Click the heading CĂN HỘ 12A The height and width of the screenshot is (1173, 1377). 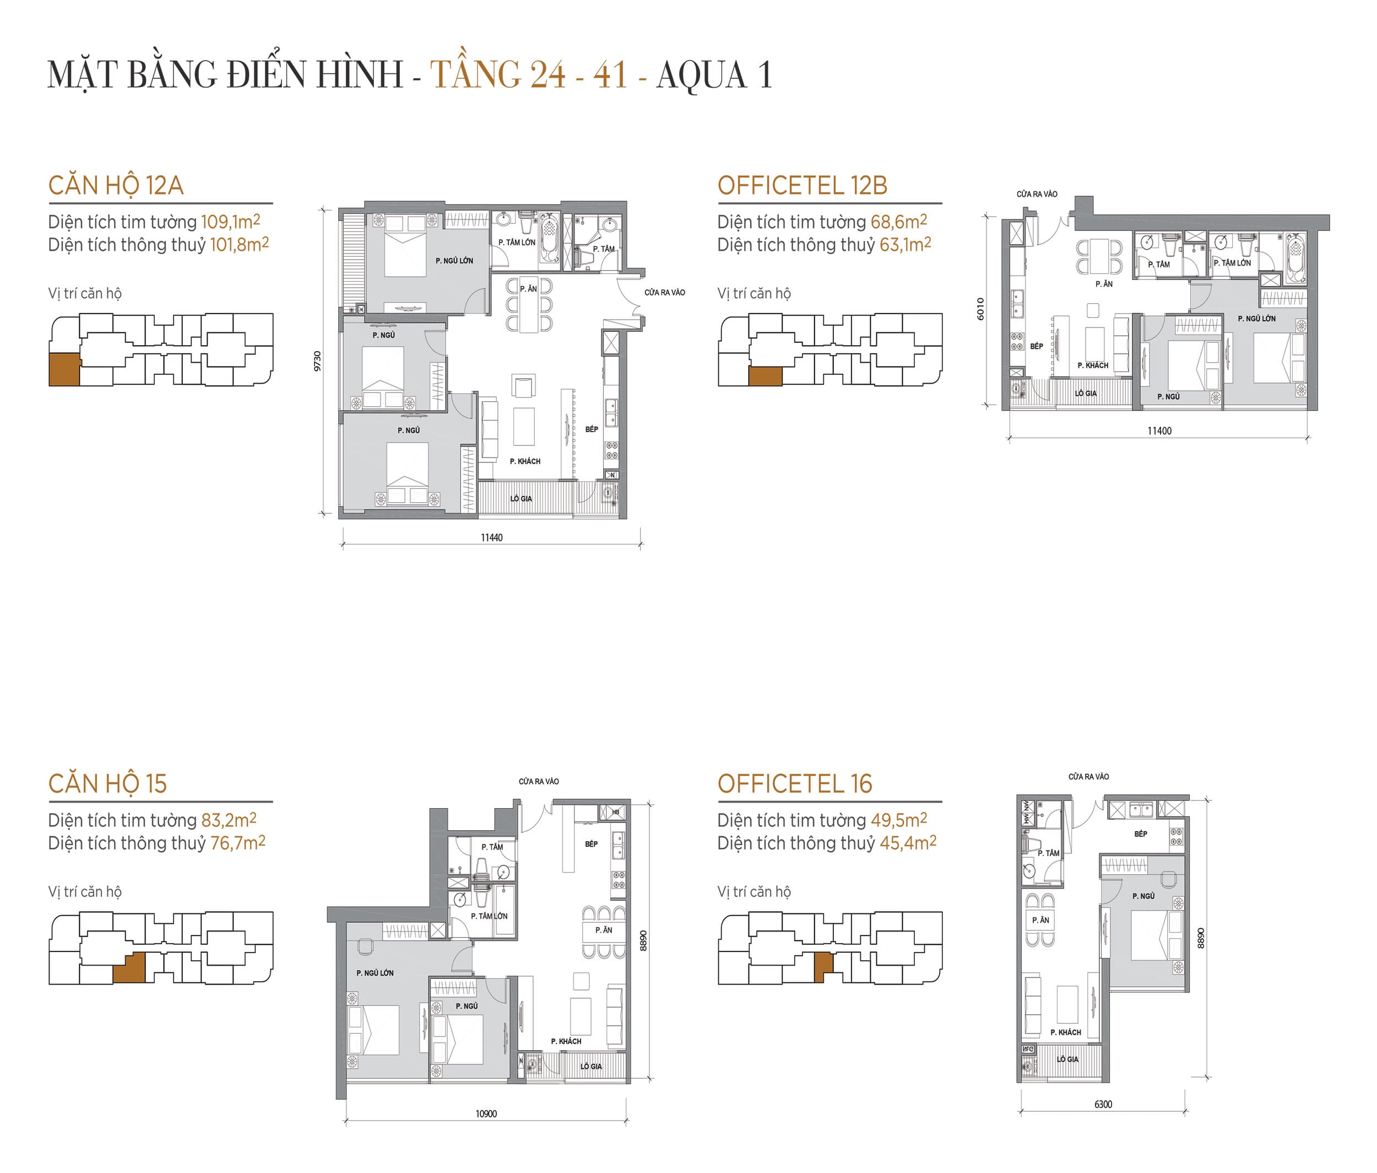tap(116, 186)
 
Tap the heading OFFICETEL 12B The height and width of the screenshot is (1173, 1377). tap(802, 186)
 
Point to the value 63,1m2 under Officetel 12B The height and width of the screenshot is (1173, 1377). tap(905, 245)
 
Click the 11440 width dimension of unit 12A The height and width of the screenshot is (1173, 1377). tap(491, 537)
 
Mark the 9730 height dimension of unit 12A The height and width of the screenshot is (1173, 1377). tap(318, 361)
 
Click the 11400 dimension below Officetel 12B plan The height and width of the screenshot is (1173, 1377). tap(1159, 431)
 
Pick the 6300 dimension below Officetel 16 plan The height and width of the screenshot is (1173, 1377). tap(1103, 1105)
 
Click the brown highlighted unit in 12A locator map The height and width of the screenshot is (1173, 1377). tap(64, 370)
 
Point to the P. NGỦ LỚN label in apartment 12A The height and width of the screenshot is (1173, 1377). tap(454, 261)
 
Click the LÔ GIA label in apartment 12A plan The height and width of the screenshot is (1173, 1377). tap(521, 499)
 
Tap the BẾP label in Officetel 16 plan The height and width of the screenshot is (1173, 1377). tap(1140, 834)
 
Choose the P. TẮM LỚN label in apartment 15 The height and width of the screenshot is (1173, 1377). tap(489, 916)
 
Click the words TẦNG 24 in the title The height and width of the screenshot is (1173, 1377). tap(498, 74)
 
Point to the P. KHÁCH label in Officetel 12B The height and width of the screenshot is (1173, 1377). tap(1093, 365)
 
